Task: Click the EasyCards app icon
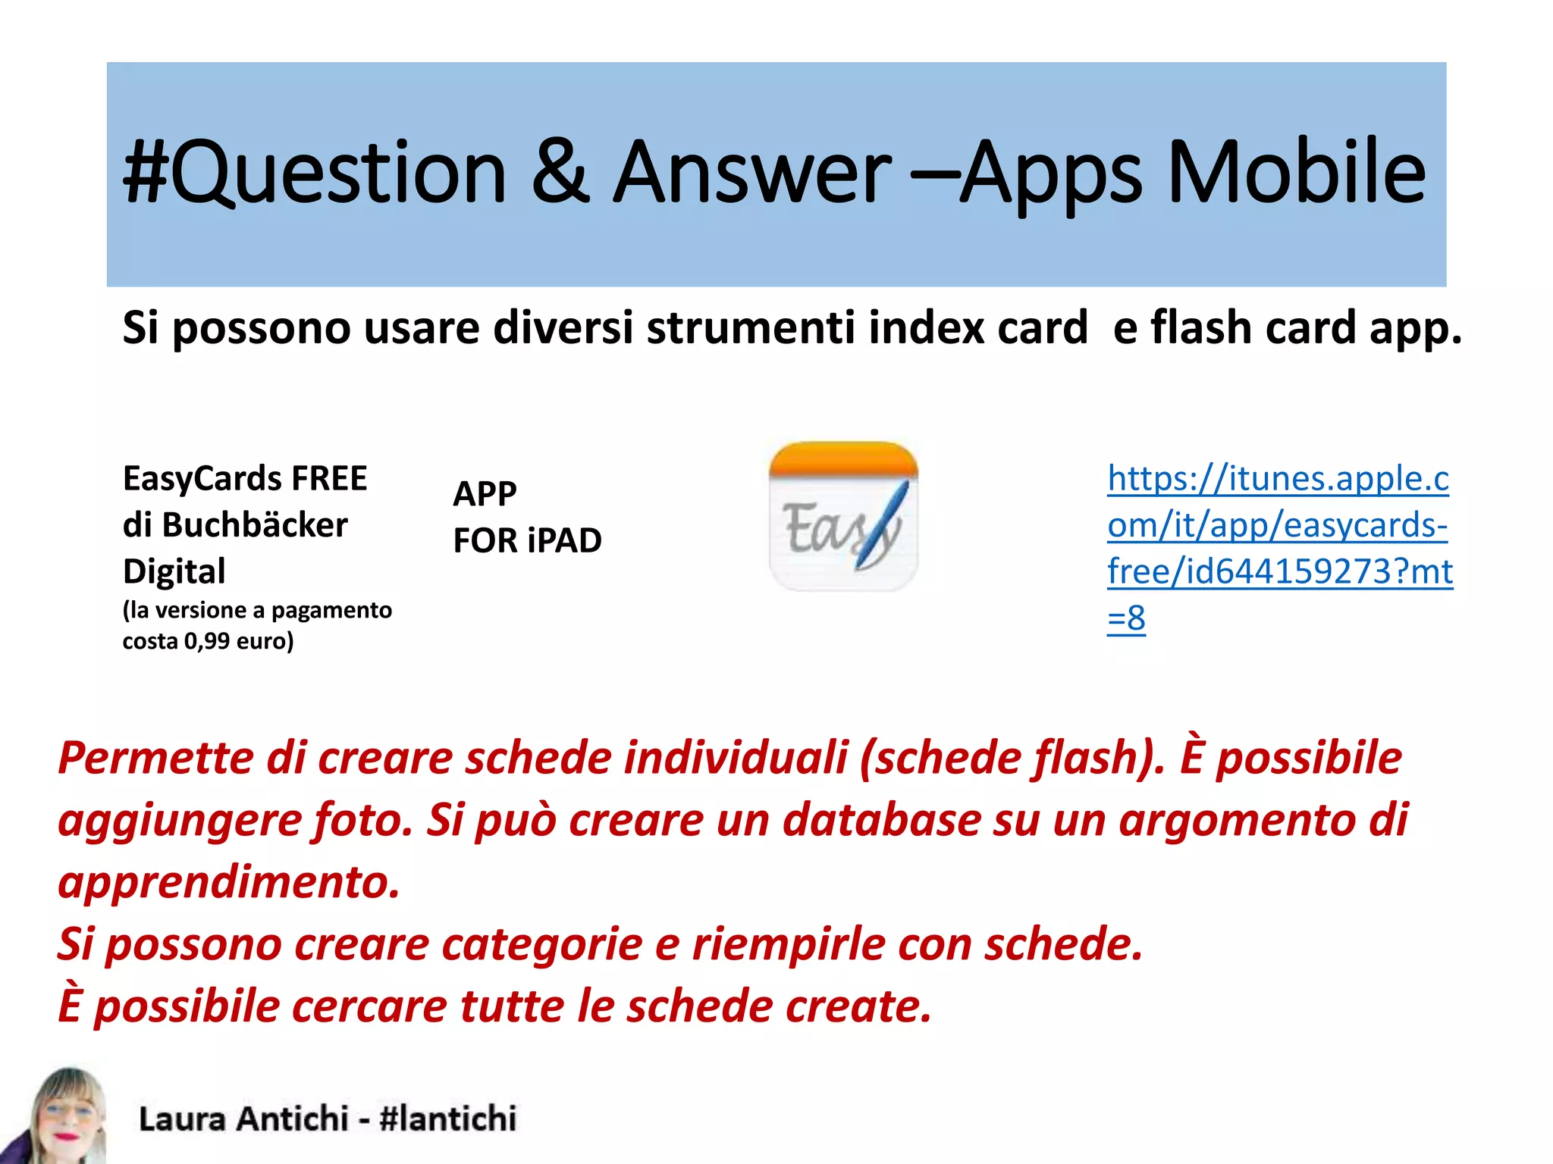tap(843, 516)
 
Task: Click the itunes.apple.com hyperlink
tap(1279, 548)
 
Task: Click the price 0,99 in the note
tap(206, 642)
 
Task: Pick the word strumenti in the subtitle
tap(751, 328)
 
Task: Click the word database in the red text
tap(881, 820)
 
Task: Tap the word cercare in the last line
tap(370, 1006)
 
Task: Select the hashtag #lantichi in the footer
tap(447, 1119)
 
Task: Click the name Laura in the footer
tap(182, 1119)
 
